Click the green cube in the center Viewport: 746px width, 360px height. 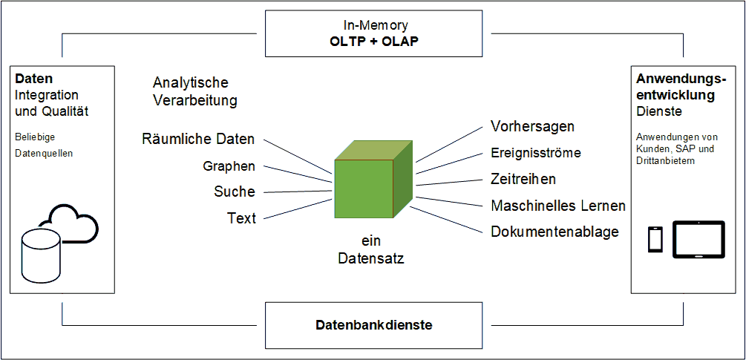(x=373, y=187)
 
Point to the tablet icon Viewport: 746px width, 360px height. (x=698, y=239)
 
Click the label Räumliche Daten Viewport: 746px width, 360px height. (x=198, y=139)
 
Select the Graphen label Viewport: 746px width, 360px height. (x=229, y=166)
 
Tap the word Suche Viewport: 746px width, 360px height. (x=235, y=192)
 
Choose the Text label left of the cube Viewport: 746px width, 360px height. (x=241, y=218)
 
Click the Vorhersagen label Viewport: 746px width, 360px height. (x=533, y=126)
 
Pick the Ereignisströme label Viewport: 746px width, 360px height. (x=536, y=153)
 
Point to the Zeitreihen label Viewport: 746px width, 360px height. (x=523, y=179)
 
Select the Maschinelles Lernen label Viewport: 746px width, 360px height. (x=558, y=206)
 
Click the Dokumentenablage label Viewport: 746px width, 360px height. (x=554, y=232)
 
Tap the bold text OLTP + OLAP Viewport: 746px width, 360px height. (x=374, y=41)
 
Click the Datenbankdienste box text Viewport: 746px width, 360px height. (x=374, y=325)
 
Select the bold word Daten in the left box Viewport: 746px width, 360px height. (x=33, y=78)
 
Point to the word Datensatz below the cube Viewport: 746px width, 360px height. (x=370, y=258)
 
